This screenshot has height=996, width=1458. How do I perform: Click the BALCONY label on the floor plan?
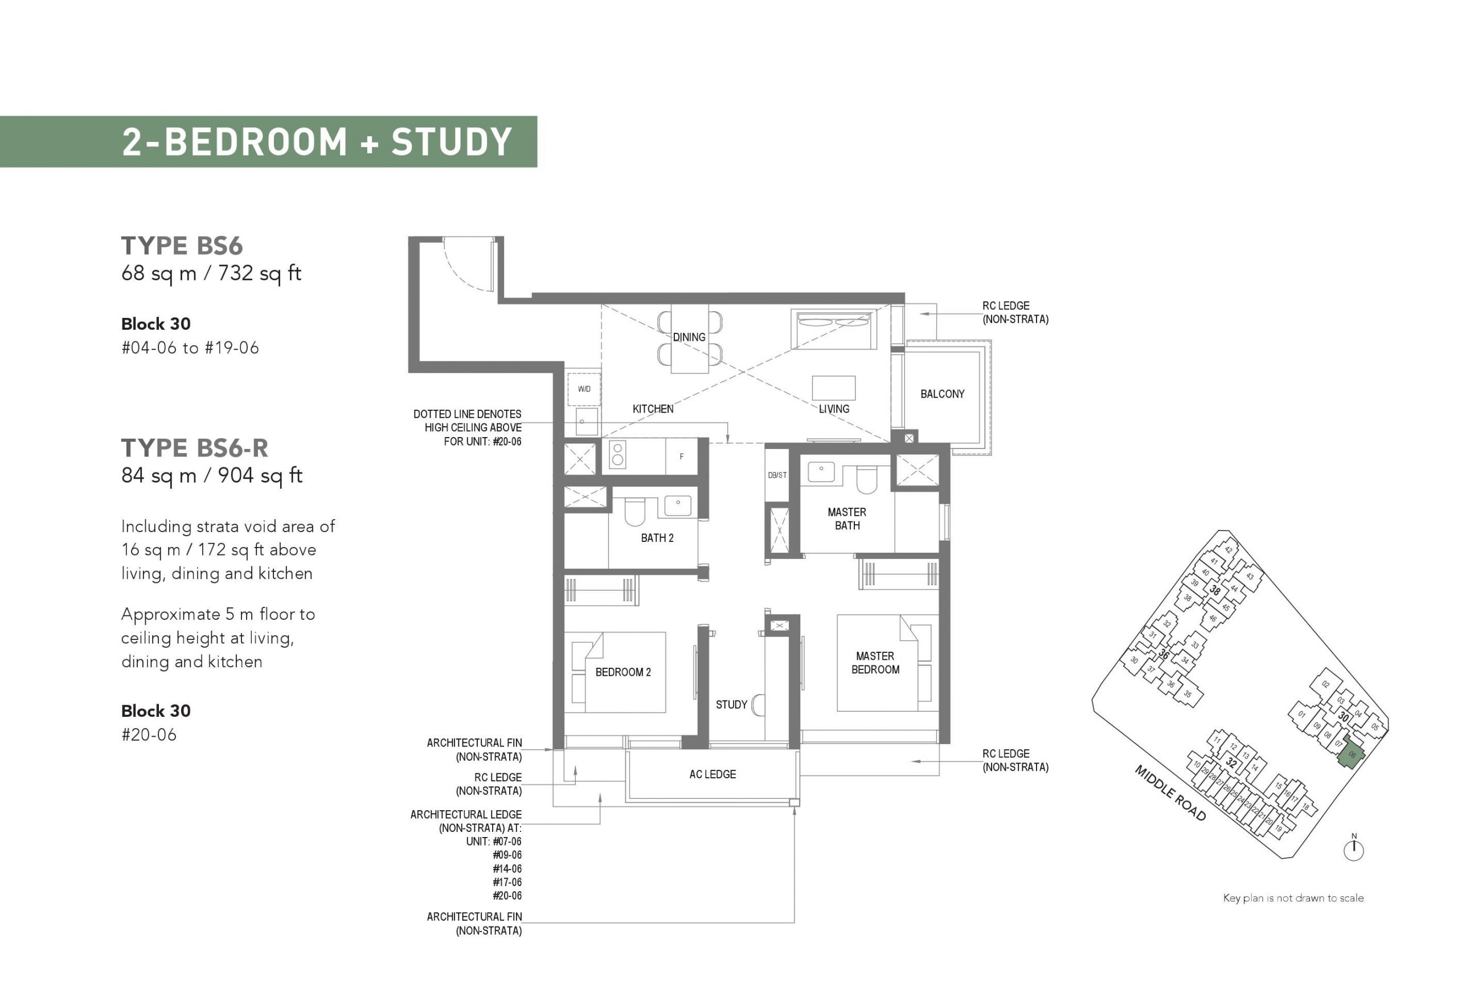(943, 394)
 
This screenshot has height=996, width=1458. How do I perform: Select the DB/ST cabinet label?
(777, 475)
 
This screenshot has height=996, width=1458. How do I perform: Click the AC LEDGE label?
(712, 774)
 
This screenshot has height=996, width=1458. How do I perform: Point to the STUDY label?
(731, 705)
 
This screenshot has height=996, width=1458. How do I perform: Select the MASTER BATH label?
(847, 519)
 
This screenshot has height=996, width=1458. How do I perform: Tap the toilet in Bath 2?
(634, 512)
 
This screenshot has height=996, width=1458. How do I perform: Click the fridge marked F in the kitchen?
(681, 456)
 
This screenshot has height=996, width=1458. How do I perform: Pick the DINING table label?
(689, 337)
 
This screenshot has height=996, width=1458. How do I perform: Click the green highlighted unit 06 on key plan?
(1351, 756)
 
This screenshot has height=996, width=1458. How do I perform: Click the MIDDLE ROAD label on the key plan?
(1170, 793)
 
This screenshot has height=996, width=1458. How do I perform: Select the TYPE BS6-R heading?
(194, 448)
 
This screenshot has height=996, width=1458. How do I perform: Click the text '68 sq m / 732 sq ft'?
(211, 274)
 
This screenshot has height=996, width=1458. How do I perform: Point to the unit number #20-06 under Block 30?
(149, 735)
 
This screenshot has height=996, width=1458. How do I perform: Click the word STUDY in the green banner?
(452, 142)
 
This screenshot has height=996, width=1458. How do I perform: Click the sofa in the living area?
(834, 329)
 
